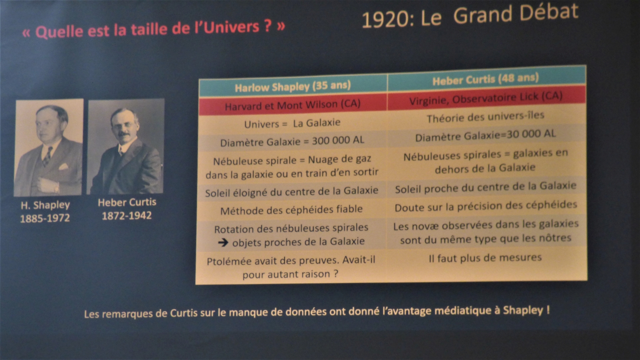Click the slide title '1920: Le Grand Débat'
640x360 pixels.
pyautogui.click(x=470, y=16)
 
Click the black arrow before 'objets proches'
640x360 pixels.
pyautogui.click(x=223, y=242)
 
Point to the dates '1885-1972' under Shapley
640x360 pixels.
pyautogui.click(x=45, y=218)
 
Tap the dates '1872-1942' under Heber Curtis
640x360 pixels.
pyautogui.click(x=126, y=216)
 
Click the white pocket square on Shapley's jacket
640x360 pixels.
pyautogui.click(x=63, y=166)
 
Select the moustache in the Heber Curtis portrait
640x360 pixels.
pyautogui.click(x=124, y=134)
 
